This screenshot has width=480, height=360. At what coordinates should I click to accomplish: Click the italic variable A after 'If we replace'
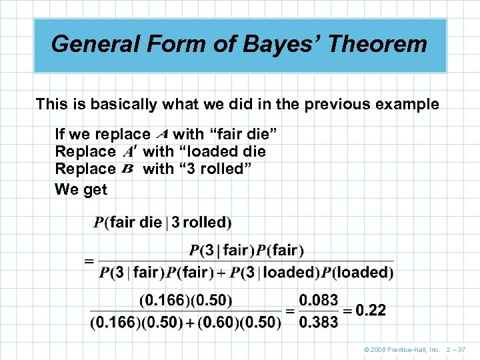161,134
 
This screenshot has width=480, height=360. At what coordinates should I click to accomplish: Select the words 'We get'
81,189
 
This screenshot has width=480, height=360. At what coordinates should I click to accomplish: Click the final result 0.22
371,310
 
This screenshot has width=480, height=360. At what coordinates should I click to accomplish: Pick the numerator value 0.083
318,300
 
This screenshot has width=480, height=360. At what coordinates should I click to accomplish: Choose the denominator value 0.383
318,322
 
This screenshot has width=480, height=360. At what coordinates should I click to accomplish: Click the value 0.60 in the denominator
222,322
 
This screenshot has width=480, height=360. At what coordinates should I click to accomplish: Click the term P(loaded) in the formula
357,272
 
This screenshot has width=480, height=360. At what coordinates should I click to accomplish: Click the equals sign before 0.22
347,311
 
